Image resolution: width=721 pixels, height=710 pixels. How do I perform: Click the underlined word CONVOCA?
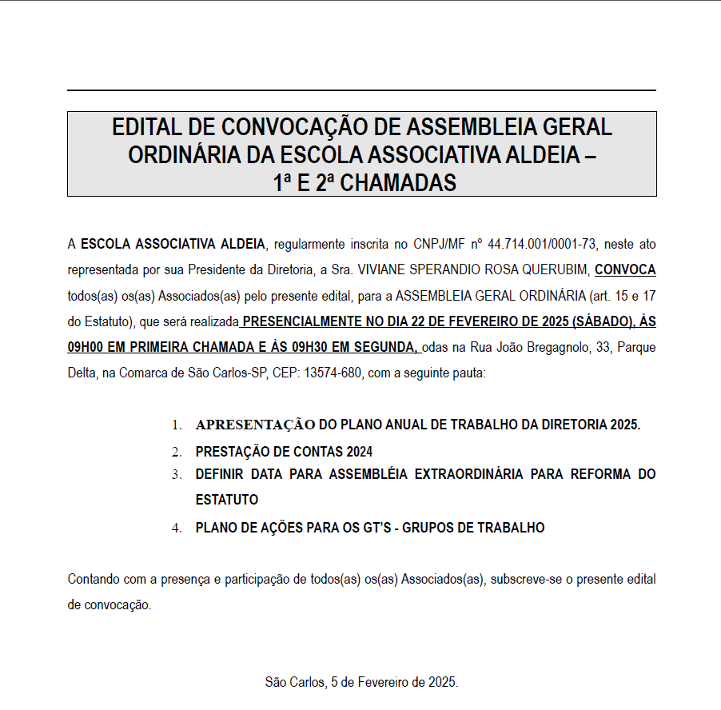tap(625, 269)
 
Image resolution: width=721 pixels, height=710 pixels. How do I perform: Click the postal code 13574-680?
tap(329, 373)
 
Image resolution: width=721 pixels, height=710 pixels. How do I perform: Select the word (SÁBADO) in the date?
tap(600, 321)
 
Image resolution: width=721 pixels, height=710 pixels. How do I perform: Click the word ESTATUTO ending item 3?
tap(227, 500)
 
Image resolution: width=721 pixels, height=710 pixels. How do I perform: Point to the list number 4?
tap(177, 528)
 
